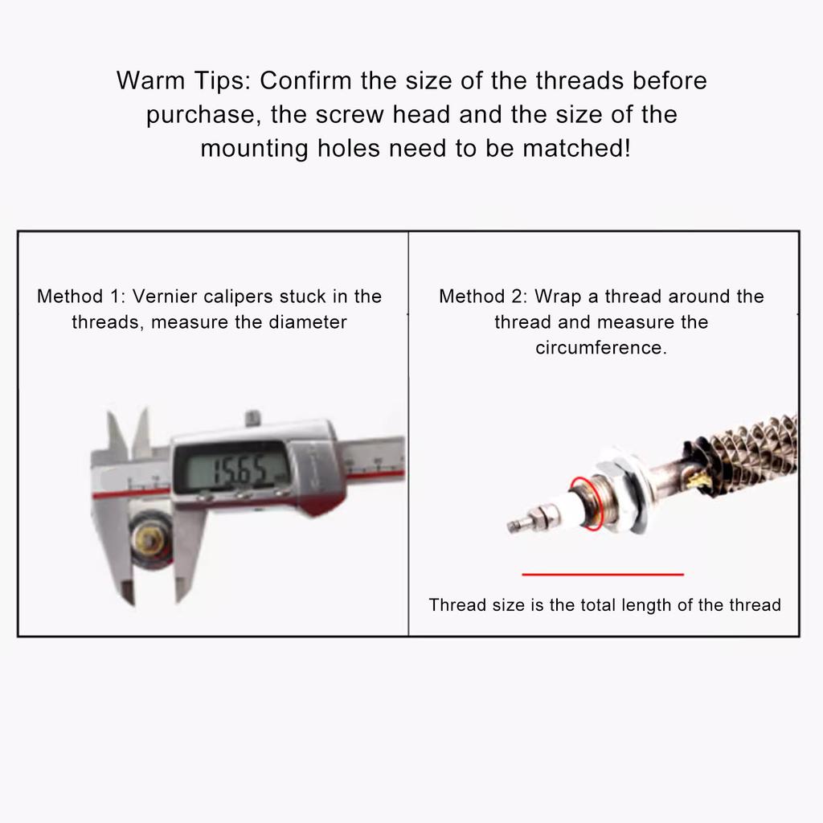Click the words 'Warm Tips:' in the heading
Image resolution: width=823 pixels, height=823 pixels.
[x=184, y=81]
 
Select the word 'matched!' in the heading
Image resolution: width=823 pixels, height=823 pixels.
[x=576, y=148]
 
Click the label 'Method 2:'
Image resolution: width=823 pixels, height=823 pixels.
[x=483, y=296]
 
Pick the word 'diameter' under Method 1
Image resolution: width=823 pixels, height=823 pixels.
[x=308, y=321]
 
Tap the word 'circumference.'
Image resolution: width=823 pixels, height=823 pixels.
[x=601, y=347]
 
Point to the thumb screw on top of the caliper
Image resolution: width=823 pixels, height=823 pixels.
[x=253, y=418]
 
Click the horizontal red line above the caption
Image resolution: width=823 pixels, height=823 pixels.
[x=603, y=574]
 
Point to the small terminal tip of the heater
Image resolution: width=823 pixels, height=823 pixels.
[x=515, y=524]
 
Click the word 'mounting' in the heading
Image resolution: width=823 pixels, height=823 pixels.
[x=254, y=149]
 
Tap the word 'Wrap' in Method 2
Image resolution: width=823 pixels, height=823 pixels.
[x=558, y=297]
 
